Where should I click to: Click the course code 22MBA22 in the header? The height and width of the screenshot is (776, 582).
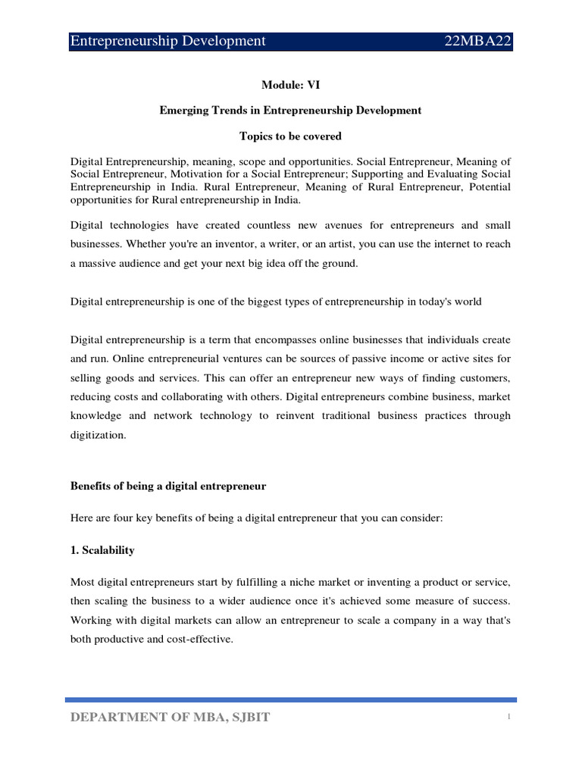point(478,41)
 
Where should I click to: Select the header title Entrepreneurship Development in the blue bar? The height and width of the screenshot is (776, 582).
point(167,41)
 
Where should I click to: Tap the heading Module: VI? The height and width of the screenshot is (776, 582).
point(290,86)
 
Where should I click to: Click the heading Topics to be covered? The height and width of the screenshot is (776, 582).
point(290,136)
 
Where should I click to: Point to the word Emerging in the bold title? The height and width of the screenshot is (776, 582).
point(181,111)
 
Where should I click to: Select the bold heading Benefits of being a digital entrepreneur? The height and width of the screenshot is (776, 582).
point(168,487)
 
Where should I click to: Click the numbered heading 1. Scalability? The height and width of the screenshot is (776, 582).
point(102,551)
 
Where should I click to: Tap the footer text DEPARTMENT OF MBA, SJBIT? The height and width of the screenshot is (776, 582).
point(170,718)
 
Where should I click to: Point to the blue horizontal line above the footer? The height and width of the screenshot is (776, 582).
point(290,700)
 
